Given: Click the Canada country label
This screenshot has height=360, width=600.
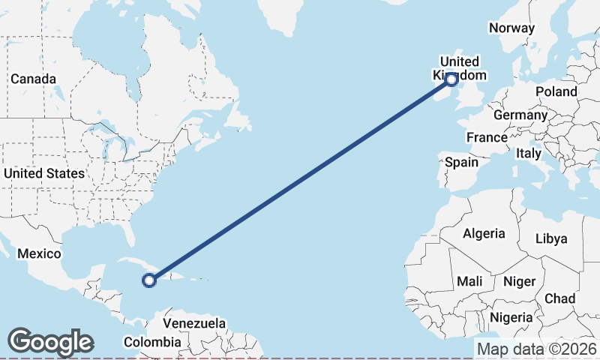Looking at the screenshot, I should tap(33, 79).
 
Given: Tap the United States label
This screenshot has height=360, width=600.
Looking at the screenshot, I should tap(43, 173).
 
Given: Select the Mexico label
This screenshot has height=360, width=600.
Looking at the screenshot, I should tap(39, 253).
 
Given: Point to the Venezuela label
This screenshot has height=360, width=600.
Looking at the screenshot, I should tap(194, 323).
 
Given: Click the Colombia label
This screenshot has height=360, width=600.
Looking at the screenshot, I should tap(152, 342).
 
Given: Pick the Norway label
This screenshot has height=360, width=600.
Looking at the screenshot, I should tap(511, 28).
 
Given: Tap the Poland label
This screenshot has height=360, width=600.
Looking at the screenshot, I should tap(556, 91).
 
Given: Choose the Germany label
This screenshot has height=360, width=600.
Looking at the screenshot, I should tap(520, 115).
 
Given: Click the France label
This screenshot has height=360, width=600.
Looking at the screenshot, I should tap(487, 137).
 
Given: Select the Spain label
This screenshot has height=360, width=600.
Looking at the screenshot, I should tap(461, 162).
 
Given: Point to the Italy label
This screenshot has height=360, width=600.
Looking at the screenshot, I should tap(528, 153).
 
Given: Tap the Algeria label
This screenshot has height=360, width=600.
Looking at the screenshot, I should tap(484, 233).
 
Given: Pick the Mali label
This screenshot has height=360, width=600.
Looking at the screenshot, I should tap(469, 281).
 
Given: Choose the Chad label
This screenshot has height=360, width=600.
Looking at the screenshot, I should tap(559, 298).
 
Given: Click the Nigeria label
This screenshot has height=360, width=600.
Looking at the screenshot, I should tap(511, 316).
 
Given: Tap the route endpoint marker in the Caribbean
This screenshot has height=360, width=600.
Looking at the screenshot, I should tap(149, 280).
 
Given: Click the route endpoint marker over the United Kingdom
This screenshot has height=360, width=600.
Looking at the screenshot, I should tap(451, 79).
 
